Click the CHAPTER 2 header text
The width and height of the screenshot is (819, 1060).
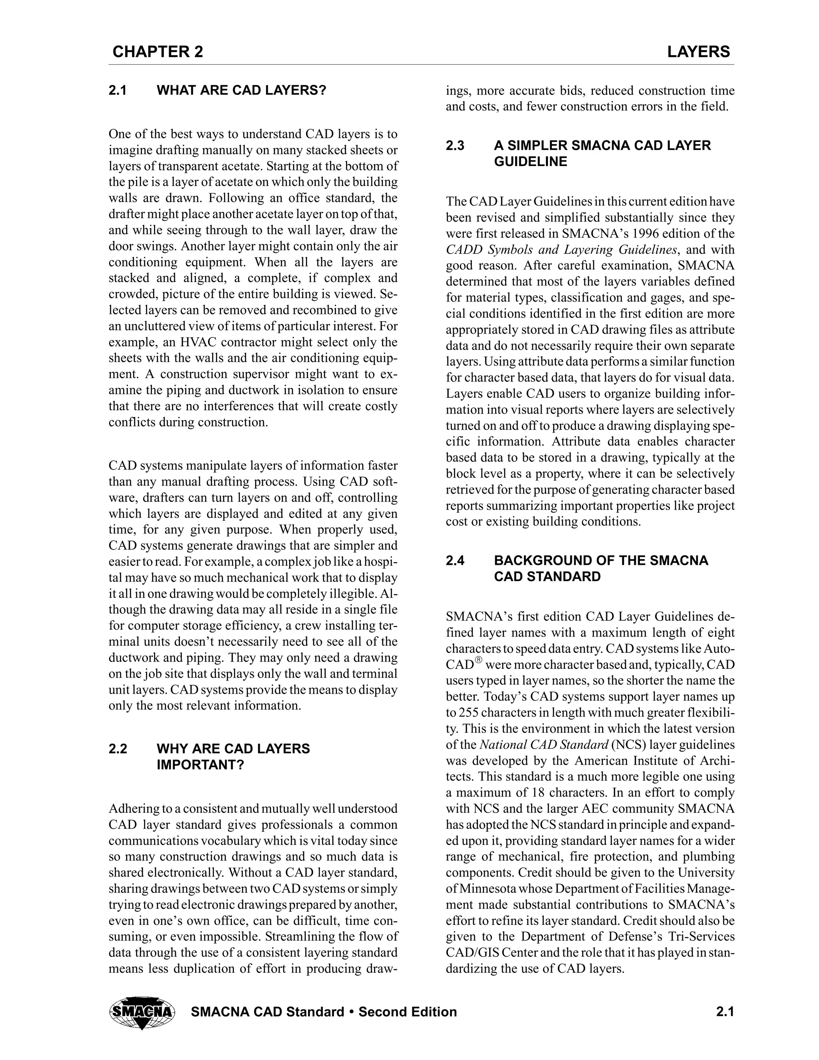158,52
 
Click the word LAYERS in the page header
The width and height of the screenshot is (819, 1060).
698,52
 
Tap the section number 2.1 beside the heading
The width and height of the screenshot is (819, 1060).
118,91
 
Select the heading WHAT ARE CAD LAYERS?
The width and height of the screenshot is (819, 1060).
241,91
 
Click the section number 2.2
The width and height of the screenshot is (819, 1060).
118,749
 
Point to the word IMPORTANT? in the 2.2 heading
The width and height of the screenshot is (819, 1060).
200,765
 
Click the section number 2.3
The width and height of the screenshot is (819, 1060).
455,146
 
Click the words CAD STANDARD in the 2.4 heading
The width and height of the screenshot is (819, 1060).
547,577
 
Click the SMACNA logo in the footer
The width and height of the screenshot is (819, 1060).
142,1013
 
